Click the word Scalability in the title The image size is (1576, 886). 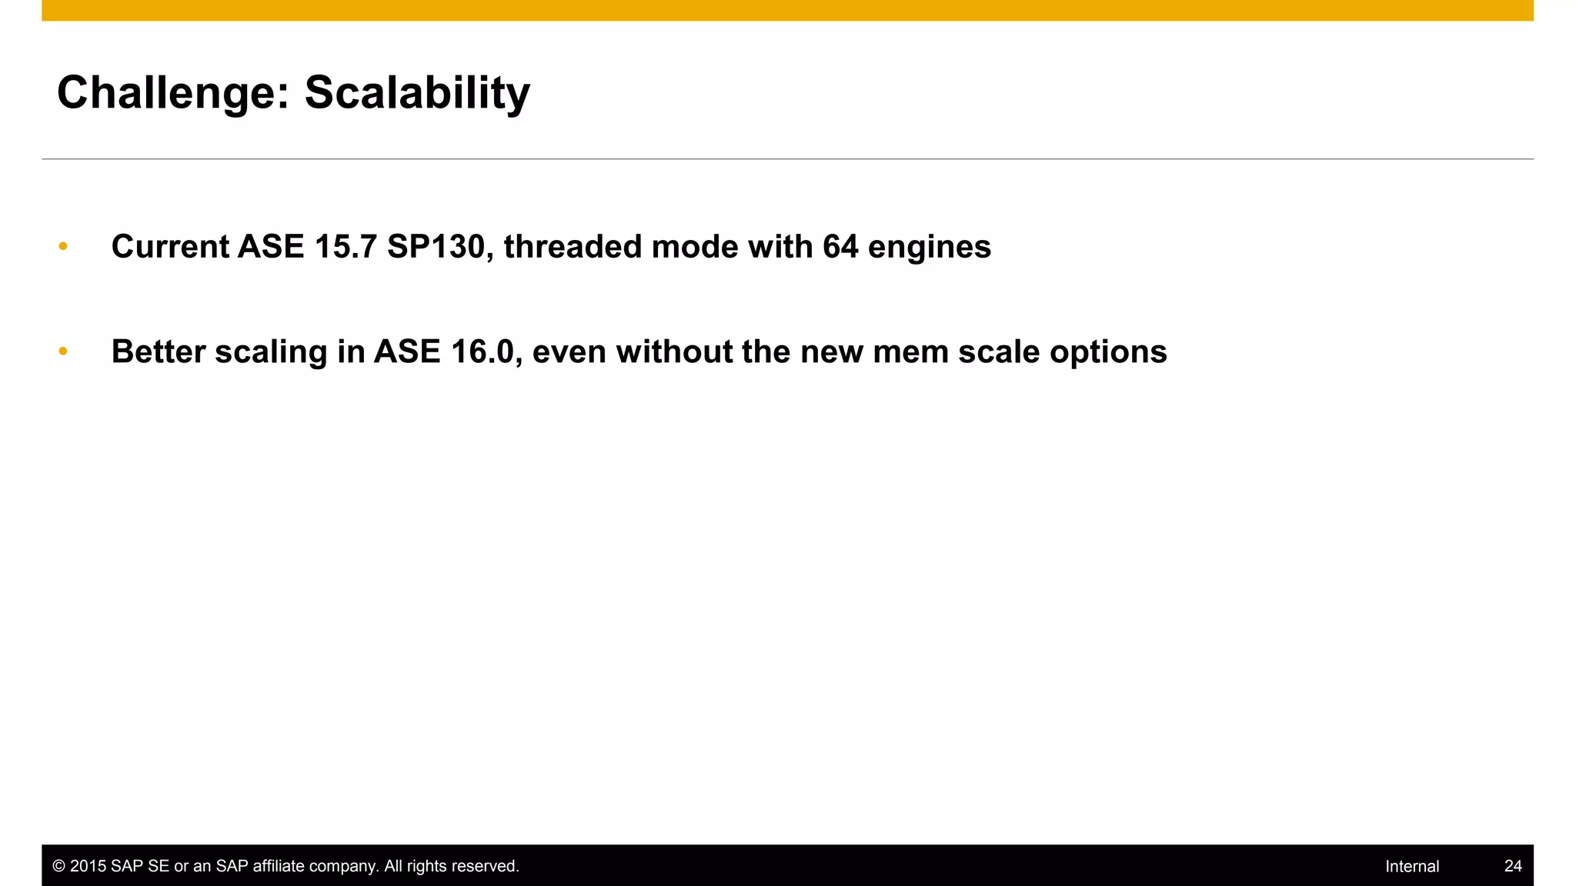tap(417, 93)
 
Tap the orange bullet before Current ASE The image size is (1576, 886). tap(63, 246)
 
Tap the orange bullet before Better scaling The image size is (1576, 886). tap(63, 351)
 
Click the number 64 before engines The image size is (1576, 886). tap(840, 247)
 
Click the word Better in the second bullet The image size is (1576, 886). tap(159, 351)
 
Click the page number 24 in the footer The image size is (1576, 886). tap(1513, 866)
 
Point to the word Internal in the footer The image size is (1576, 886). tap(1412, 866)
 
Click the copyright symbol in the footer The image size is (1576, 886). tap(58, 866)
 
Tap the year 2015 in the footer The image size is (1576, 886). tap(88, 866)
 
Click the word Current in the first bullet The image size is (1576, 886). tap(170, 247)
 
